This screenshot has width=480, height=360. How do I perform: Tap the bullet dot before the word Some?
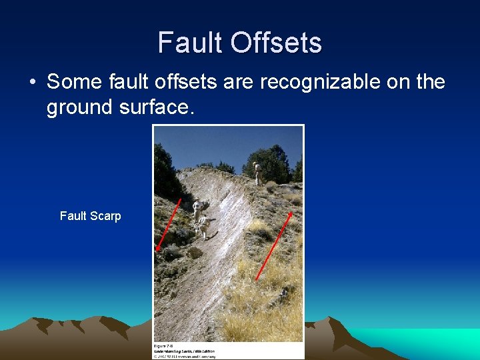click(x=32, y=83)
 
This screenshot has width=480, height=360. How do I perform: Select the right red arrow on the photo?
click(x=274, y=245)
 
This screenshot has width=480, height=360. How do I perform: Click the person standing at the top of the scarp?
click(x=257, y=173)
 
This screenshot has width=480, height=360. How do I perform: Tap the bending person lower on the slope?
click(x=205, y=227)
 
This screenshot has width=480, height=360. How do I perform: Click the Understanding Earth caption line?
click(x=185, y=351)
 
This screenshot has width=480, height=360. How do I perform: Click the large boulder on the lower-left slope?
click(x=195, y=253)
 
